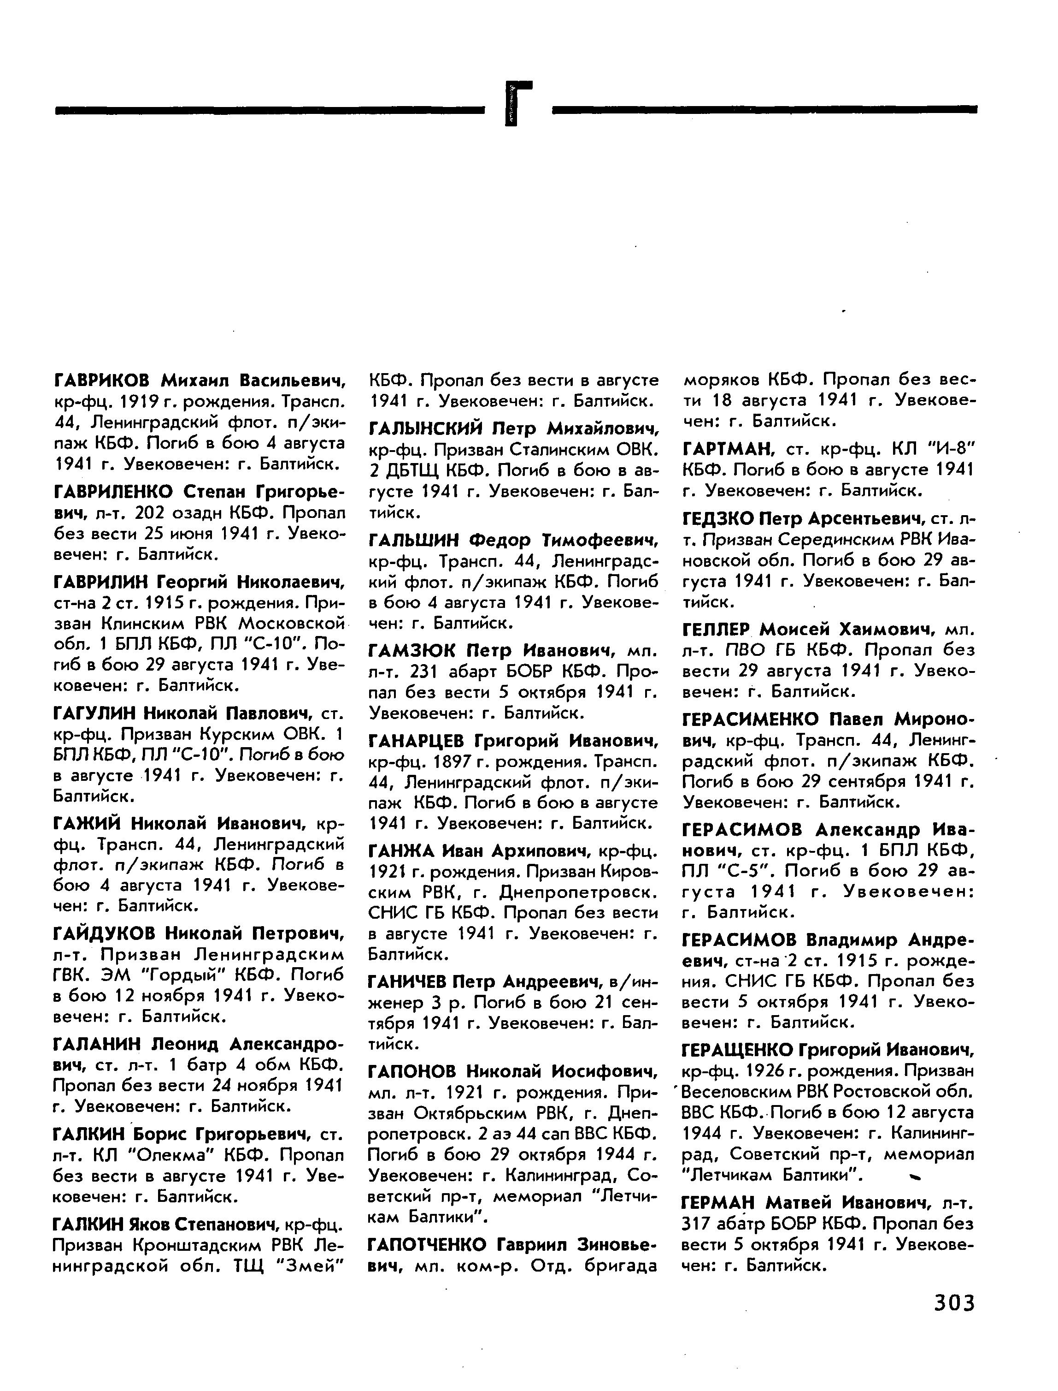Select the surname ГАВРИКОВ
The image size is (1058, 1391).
coord(101,380)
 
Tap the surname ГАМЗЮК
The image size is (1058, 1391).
coord(412,650)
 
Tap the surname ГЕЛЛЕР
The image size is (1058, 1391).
coord(717,629)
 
